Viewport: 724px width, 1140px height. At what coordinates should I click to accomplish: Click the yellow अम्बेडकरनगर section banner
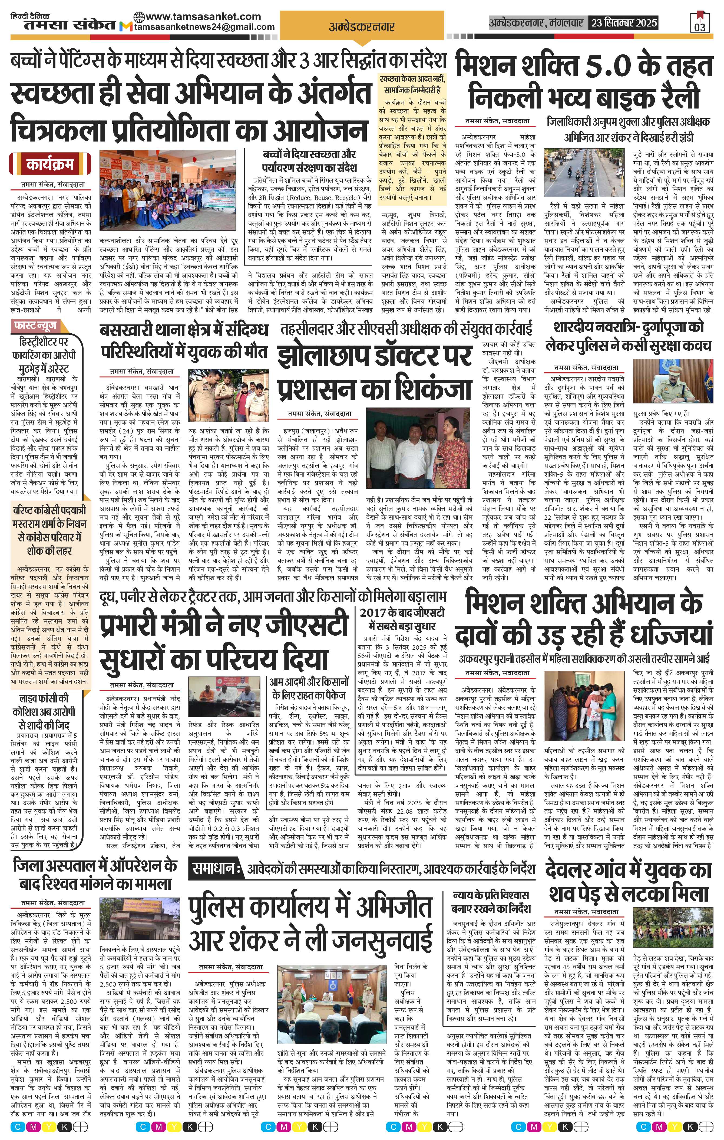click(362, 27)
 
